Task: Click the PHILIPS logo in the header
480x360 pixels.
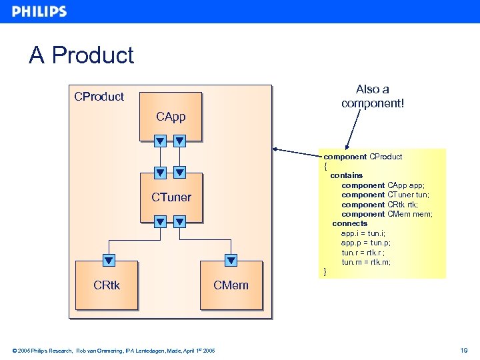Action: pos(39,11)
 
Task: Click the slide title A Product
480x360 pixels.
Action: pos(81,55)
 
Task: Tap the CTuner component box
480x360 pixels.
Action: pos(171,197)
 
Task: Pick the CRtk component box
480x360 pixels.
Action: pos(107,285)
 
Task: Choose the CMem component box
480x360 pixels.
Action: pos(231,285)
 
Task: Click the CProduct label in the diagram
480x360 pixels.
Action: pos(99,97)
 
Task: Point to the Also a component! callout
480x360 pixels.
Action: pos(372,97)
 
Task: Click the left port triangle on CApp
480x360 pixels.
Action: pos(160,141)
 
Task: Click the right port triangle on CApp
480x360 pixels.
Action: pos(179,141)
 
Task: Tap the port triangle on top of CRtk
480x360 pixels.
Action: pos(109,261)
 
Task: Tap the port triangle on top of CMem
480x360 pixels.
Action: pos(231,261)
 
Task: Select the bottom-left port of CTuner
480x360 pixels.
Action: pos(160,221)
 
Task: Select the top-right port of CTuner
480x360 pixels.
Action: pos(179,173)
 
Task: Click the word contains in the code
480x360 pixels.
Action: pos(347,175)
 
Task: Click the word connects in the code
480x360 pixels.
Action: pos(349,223)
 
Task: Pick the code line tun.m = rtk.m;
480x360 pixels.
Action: pos(366,262)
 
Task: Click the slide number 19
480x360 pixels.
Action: pos(463,350)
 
